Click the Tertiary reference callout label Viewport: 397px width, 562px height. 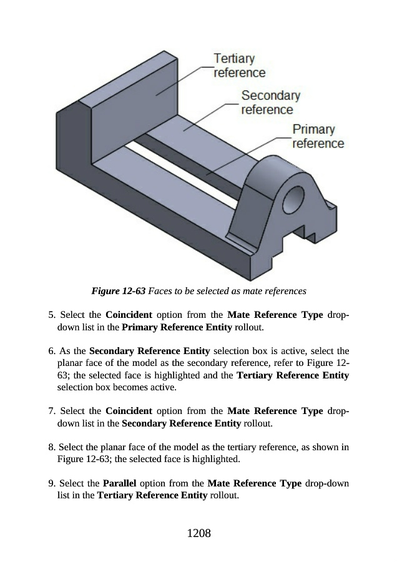point(239,65)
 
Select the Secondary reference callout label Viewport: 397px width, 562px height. point(270,102)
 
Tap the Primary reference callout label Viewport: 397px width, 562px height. point(318,136)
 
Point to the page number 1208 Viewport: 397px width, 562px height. point(199,533)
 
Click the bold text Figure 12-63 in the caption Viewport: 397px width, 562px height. point(118,290)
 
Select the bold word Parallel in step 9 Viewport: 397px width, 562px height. point(119,483)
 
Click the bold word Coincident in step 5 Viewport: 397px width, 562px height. point(129,315)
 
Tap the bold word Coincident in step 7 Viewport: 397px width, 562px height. point(129,411)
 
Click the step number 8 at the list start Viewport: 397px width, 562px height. point(52,447)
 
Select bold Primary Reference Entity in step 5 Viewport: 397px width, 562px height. point(177,327)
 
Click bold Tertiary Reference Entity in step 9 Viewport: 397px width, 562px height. point(152,495)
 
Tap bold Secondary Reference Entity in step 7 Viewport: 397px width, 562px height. point(181,423)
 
